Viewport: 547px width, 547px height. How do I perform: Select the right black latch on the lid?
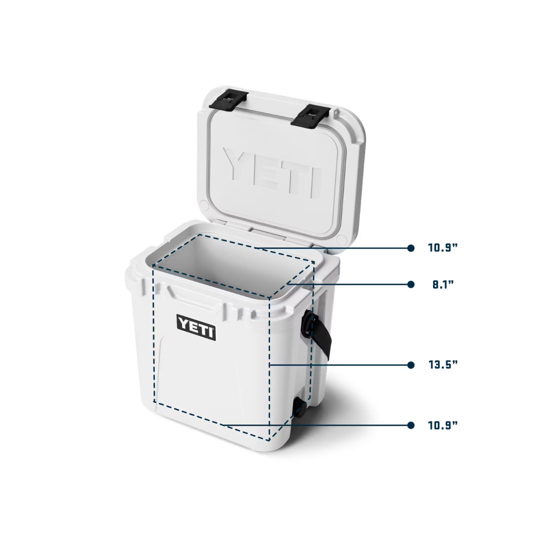[310, 116]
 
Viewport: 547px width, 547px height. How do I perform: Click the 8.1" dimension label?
[443, 284]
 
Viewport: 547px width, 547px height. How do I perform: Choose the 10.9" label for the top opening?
[443, 248]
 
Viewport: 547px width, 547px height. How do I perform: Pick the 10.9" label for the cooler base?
[443, 425]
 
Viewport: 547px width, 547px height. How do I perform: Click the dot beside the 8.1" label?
[411, 284]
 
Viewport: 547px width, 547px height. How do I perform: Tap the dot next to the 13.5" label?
[411, 365]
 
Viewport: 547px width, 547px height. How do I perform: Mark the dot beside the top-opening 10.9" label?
[411, 248]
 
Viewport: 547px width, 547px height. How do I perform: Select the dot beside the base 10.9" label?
[411, 425]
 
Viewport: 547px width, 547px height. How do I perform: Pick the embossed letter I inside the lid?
[315, 183]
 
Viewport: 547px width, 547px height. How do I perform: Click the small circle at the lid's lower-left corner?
[204, 205]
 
